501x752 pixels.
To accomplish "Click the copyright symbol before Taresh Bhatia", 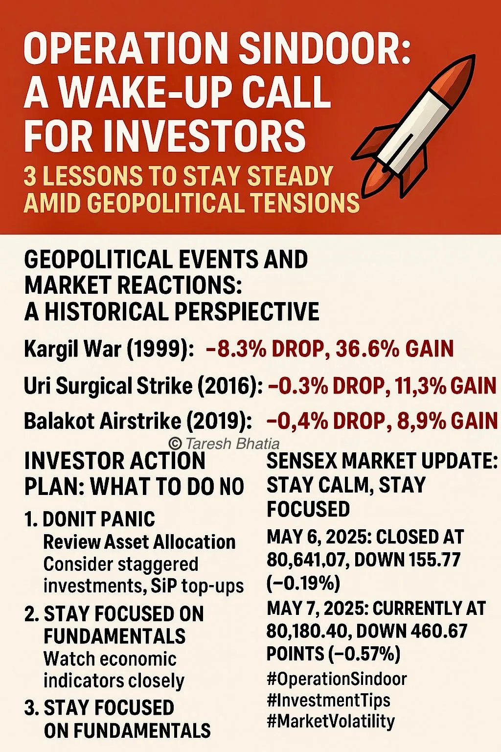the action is tap(175, 444).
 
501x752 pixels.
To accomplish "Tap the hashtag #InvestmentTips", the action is tap(329, 701).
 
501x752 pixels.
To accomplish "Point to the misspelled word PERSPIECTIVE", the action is tap(247, 311).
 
